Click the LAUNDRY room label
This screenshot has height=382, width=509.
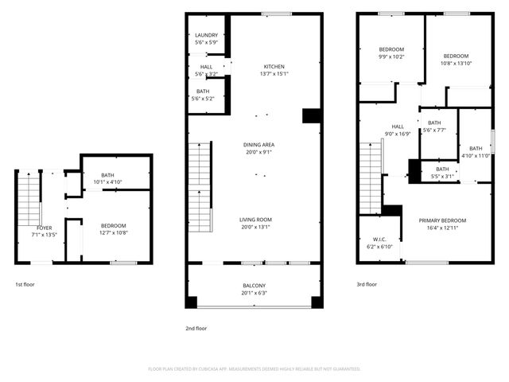click(206, 35)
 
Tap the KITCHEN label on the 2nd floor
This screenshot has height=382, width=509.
click(274, 67)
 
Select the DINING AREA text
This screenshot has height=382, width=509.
click(258, 145)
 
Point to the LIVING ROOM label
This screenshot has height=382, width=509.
click(256, 220)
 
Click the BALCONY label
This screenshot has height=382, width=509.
click(254, 285)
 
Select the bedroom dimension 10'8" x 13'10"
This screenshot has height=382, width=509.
click(457, 63)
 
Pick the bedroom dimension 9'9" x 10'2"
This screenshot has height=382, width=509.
click(390, 57)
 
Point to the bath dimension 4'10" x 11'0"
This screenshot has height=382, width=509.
click(475, 156)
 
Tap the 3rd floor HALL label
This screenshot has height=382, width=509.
click(398, 127)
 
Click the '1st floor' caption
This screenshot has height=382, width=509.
click(25, 284)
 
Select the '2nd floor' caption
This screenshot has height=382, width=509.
click(196, 328)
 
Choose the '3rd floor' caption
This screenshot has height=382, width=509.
click(367, 284)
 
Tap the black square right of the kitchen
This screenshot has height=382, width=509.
click(311, 115)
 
